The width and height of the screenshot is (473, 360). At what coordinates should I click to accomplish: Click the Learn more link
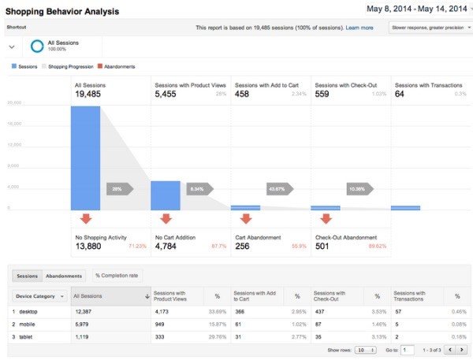tap(359, 28)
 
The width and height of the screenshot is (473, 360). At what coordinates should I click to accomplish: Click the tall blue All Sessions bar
tap(85, 158)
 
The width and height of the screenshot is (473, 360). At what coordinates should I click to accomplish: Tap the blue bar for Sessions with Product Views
tap(165, 195)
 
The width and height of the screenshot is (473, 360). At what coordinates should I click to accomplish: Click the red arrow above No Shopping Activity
tap(85, 218)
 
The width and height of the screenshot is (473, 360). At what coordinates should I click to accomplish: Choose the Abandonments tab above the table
tap(64, 276)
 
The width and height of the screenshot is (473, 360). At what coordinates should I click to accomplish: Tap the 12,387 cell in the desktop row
tap(84, 312)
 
